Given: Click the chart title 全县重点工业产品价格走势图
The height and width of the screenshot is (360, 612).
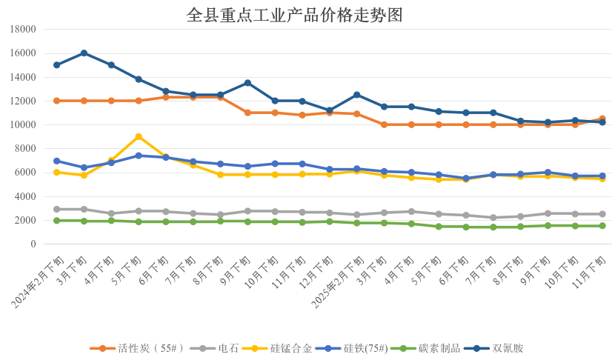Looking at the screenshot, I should pyautogui.click(x=295, y=15).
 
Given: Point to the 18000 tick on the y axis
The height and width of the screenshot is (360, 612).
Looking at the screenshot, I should pyautogui.click(x=24, y=30).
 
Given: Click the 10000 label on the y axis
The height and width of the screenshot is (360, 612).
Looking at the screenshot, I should pyautogui.click(x=24, y=125).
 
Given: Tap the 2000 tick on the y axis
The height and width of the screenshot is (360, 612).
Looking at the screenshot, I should pyautogui.click(x=27, y=221).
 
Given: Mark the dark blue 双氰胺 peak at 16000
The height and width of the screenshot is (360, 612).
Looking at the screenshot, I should pyautogui.click(x=84, y=53).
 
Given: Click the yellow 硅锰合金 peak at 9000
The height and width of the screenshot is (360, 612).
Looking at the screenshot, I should pyautogui.click(x=139, y=136).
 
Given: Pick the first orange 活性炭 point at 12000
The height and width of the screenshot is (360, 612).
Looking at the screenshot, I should pyautogui.click(x=56, y=101).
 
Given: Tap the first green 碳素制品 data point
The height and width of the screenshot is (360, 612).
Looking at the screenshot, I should pyautogui.click(x=56, y=221).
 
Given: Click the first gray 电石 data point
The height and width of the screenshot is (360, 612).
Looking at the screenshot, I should pyautogui.click(x=56, y=209).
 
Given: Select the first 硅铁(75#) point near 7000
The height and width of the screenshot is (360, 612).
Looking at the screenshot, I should pyautogui.click(x=56, y=161).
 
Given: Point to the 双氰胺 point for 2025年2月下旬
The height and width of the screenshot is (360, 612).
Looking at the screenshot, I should pyautogui.click(x=356, y=95).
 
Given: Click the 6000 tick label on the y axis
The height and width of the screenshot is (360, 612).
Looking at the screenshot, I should pyautogui.click(x=27, y=173).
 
